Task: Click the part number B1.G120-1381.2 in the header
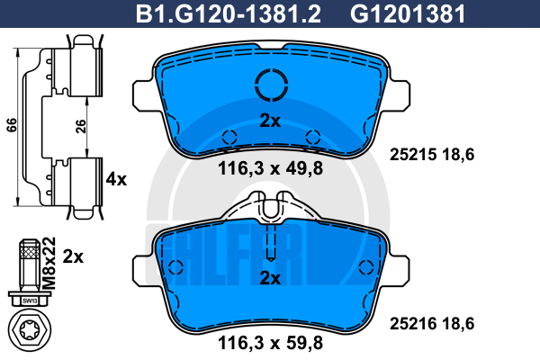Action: (x=229, y=13)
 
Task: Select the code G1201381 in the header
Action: (x=408, y=13)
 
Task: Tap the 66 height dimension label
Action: (x=12, y=125)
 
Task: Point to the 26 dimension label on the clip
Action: (x=81, y=126)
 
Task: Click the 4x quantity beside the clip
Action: (x=116, y=179)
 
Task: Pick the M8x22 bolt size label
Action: (x=49, y=263)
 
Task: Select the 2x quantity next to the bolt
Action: (x=73, y=256)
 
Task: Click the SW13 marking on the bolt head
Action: (x=30, y=301)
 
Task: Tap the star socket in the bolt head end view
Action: (x=30, y=330)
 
